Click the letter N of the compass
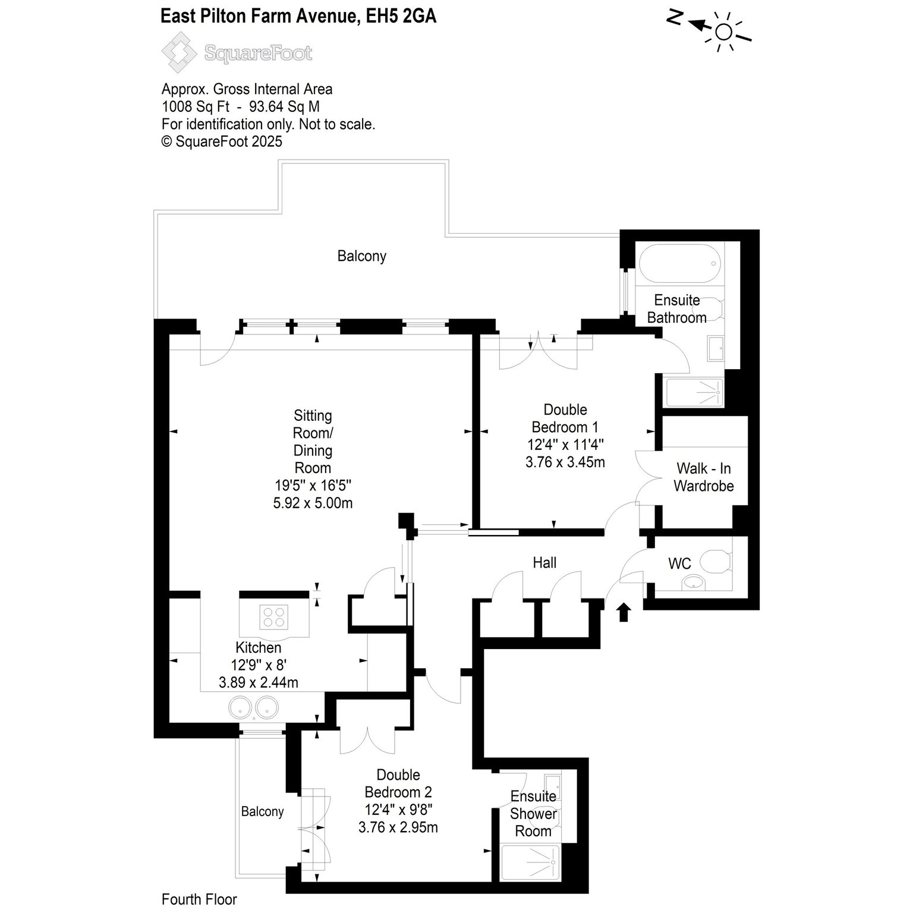[674, 18]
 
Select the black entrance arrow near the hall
[624, 612]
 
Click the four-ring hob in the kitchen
[274, 616]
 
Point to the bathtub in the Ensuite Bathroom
[680, 264]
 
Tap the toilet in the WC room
[716, 561]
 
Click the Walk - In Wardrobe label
[704, 477]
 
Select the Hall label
[544, 562]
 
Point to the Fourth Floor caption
[199, 899]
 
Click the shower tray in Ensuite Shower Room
[530, 862]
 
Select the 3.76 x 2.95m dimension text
[398, 827]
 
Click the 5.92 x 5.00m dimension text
[313, 503]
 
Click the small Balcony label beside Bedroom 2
[262, 811]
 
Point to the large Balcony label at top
[362, 256]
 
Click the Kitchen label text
[259, 647]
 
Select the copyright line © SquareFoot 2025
[222, 141]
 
